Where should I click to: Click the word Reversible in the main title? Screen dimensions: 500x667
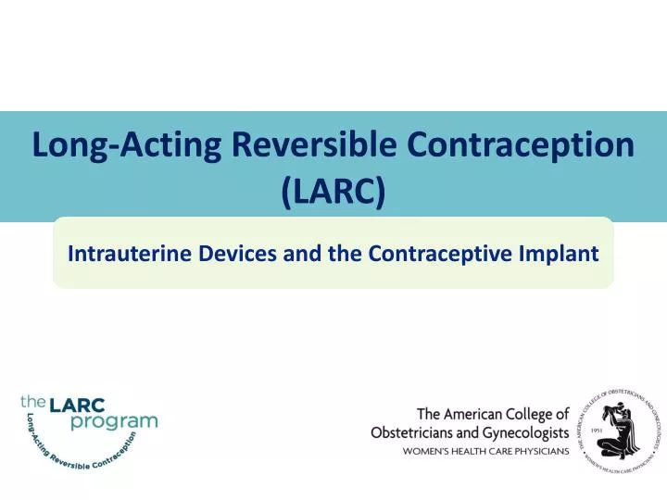coord(309,145)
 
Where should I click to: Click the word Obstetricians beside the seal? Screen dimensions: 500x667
coord(418,432)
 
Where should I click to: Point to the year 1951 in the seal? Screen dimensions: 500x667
coord(597,431)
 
